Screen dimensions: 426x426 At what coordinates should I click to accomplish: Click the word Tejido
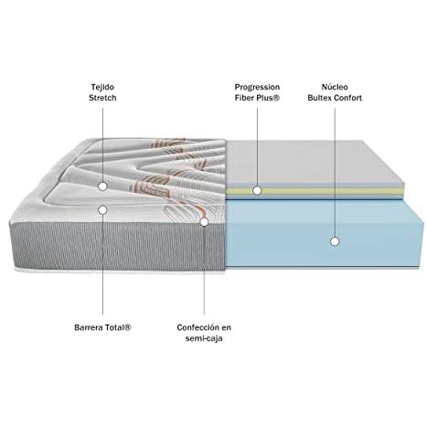pos(102,87)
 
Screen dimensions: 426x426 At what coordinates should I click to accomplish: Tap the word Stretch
pos(102,98)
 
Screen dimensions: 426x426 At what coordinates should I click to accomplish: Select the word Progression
pos(257,88)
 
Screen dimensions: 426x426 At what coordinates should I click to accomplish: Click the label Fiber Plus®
pos(257,98)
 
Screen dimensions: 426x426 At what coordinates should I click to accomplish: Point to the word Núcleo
pos(335,87)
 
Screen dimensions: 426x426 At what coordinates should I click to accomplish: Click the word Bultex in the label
pos(320,98)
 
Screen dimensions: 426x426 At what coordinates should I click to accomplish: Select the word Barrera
pos(89,327)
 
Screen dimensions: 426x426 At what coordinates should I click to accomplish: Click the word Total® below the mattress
pos(119,327)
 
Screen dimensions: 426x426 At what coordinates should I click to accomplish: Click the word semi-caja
pos(204,338)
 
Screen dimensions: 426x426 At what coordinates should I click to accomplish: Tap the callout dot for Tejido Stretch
pos(102,186)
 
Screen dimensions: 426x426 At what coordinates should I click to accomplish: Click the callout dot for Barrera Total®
pos(102,209)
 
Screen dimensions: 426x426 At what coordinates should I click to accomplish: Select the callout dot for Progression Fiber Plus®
pos(257,191)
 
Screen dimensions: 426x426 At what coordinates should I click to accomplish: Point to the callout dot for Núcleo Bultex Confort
pos(335,241)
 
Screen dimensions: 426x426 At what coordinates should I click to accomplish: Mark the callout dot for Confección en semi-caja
pos(204,222)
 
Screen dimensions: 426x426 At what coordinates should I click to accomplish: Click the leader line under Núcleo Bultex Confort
pos(335,173)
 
